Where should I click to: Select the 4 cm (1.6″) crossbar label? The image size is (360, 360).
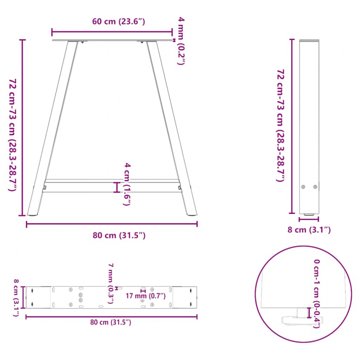coord(128,184)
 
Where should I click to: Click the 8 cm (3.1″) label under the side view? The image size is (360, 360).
coord(310,230)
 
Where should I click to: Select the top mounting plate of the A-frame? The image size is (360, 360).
coord(112,41)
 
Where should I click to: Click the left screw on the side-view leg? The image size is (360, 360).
coord(303,187)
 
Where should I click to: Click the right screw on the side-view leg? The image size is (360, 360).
coord(315,187)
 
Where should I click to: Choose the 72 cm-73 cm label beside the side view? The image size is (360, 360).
coord(280,126)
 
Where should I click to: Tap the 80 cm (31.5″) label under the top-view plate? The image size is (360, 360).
coord(111,322)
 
